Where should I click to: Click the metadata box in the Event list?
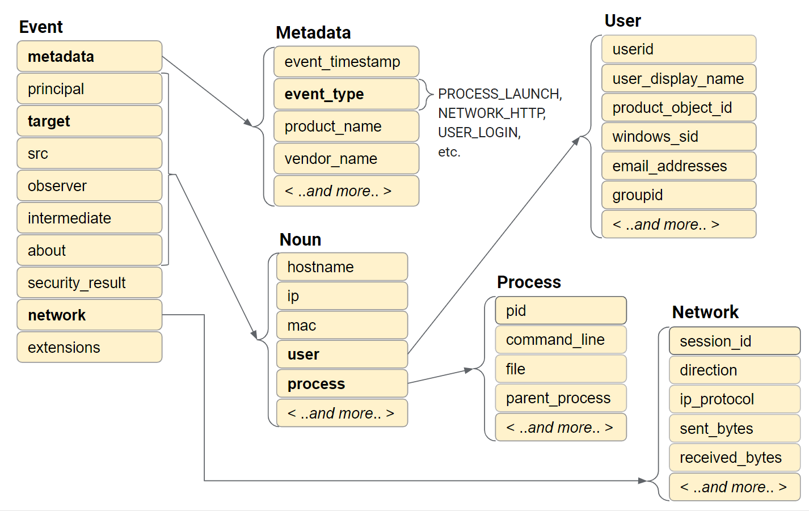click(x=89, y=57)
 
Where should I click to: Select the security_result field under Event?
click(x=89, y=282)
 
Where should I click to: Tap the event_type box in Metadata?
click(x=346, y=94)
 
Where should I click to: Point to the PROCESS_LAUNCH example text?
click(x=499, y=94)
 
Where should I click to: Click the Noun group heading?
click(x=300, y=239)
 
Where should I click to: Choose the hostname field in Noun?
click(x=342, y=267)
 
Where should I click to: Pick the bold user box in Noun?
click(x=342, y=354)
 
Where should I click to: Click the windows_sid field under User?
click(x=679, y=137)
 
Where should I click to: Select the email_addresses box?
click(x=679, y=166)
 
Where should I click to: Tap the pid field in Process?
click(x=561, y=311)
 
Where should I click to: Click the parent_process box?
click(x=561, y=398)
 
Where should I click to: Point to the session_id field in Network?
click(x=734, y=341)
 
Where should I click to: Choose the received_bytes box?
click(x=734, y=458)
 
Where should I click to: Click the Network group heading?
click(x=705, y=312)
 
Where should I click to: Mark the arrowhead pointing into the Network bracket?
click(x=642, y=481)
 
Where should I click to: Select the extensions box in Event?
click(x=89, y=347)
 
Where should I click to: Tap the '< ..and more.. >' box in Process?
click(x=561, y=428)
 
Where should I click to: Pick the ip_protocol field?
click(x=734, y=399)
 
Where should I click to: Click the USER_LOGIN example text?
click(x=479, y=132)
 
